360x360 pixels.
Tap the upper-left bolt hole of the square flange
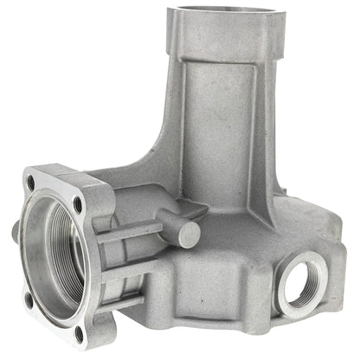[x=32, y=183]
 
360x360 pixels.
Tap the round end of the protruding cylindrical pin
[x=190, y=235]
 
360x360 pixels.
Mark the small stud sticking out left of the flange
[x=15, y=232]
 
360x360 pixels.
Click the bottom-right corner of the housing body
[x=333, y=299]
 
